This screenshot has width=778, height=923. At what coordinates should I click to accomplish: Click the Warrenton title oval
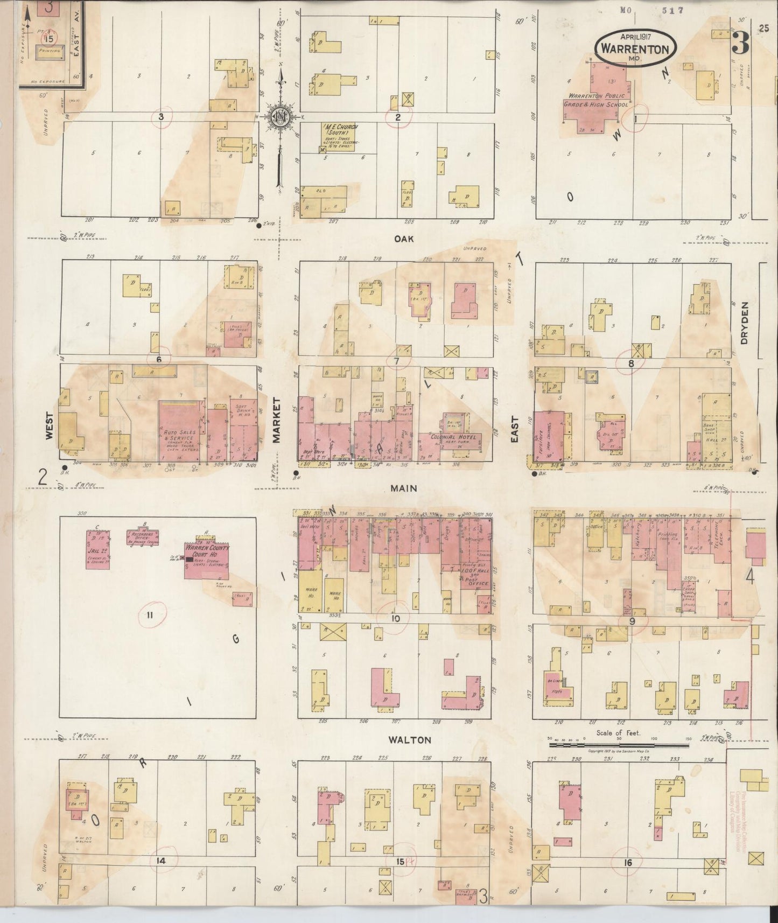[x=636, y=47]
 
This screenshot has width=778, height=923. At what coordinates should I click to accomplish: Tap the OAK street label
[x=404, y=239]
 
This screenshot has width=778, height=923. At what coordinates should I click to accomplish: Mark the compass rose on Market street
[x=280, y=118]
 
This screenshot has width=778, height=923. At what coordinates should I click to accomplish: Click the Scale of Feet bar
[x=619, y=746]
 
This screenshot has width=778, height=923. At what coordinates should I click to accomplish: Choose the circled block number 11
[x=150, y=614]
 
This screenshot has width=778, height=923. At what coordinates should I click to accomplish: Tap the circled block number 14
[x=160, y=861]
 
